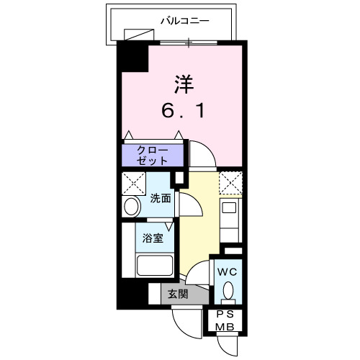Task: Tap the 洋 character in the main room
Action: (184, 84)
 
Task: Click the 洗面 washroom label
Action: (161, 198)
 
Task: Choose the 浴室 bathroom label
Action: (152, 237)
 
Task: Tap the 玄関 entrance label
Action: (177, 294)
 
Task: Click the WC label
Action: (226, 272)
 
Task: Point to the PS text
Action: (226, 315)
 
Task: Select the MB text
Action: (226, 328)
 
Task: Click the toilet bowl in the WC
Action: (228, 291)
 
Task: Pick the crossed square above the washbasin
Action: (133, 183)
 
